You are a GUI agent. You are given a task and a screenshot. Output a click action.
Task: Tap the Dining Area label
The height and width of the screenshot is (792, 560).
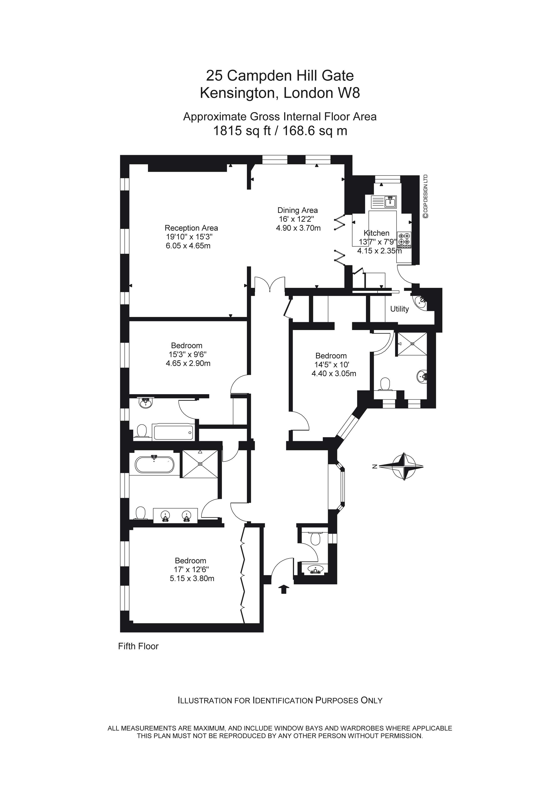click(x=298, y=210)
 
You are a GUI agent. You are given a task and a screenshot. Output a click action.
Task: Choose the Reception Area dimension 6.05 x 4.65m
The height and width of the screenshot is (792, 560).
click(x=188, y=246)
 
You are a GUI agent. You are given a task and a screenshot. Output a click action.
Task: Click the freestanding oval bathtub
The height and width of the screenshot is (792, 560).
click(x=155, y=464)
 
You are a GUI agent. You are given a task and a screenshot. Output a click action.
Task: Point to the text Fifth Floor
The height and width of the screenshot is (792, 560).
click(x=138, y=646)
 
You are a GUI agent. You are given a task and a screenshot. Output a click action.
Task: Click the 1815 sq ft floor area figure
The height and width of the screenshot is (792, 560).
click(x=241, y=131)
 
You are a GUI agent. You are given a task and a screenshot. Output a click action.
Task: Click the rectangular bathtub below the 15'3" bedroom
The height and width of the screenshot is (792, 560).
click(x=173, y=432)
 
